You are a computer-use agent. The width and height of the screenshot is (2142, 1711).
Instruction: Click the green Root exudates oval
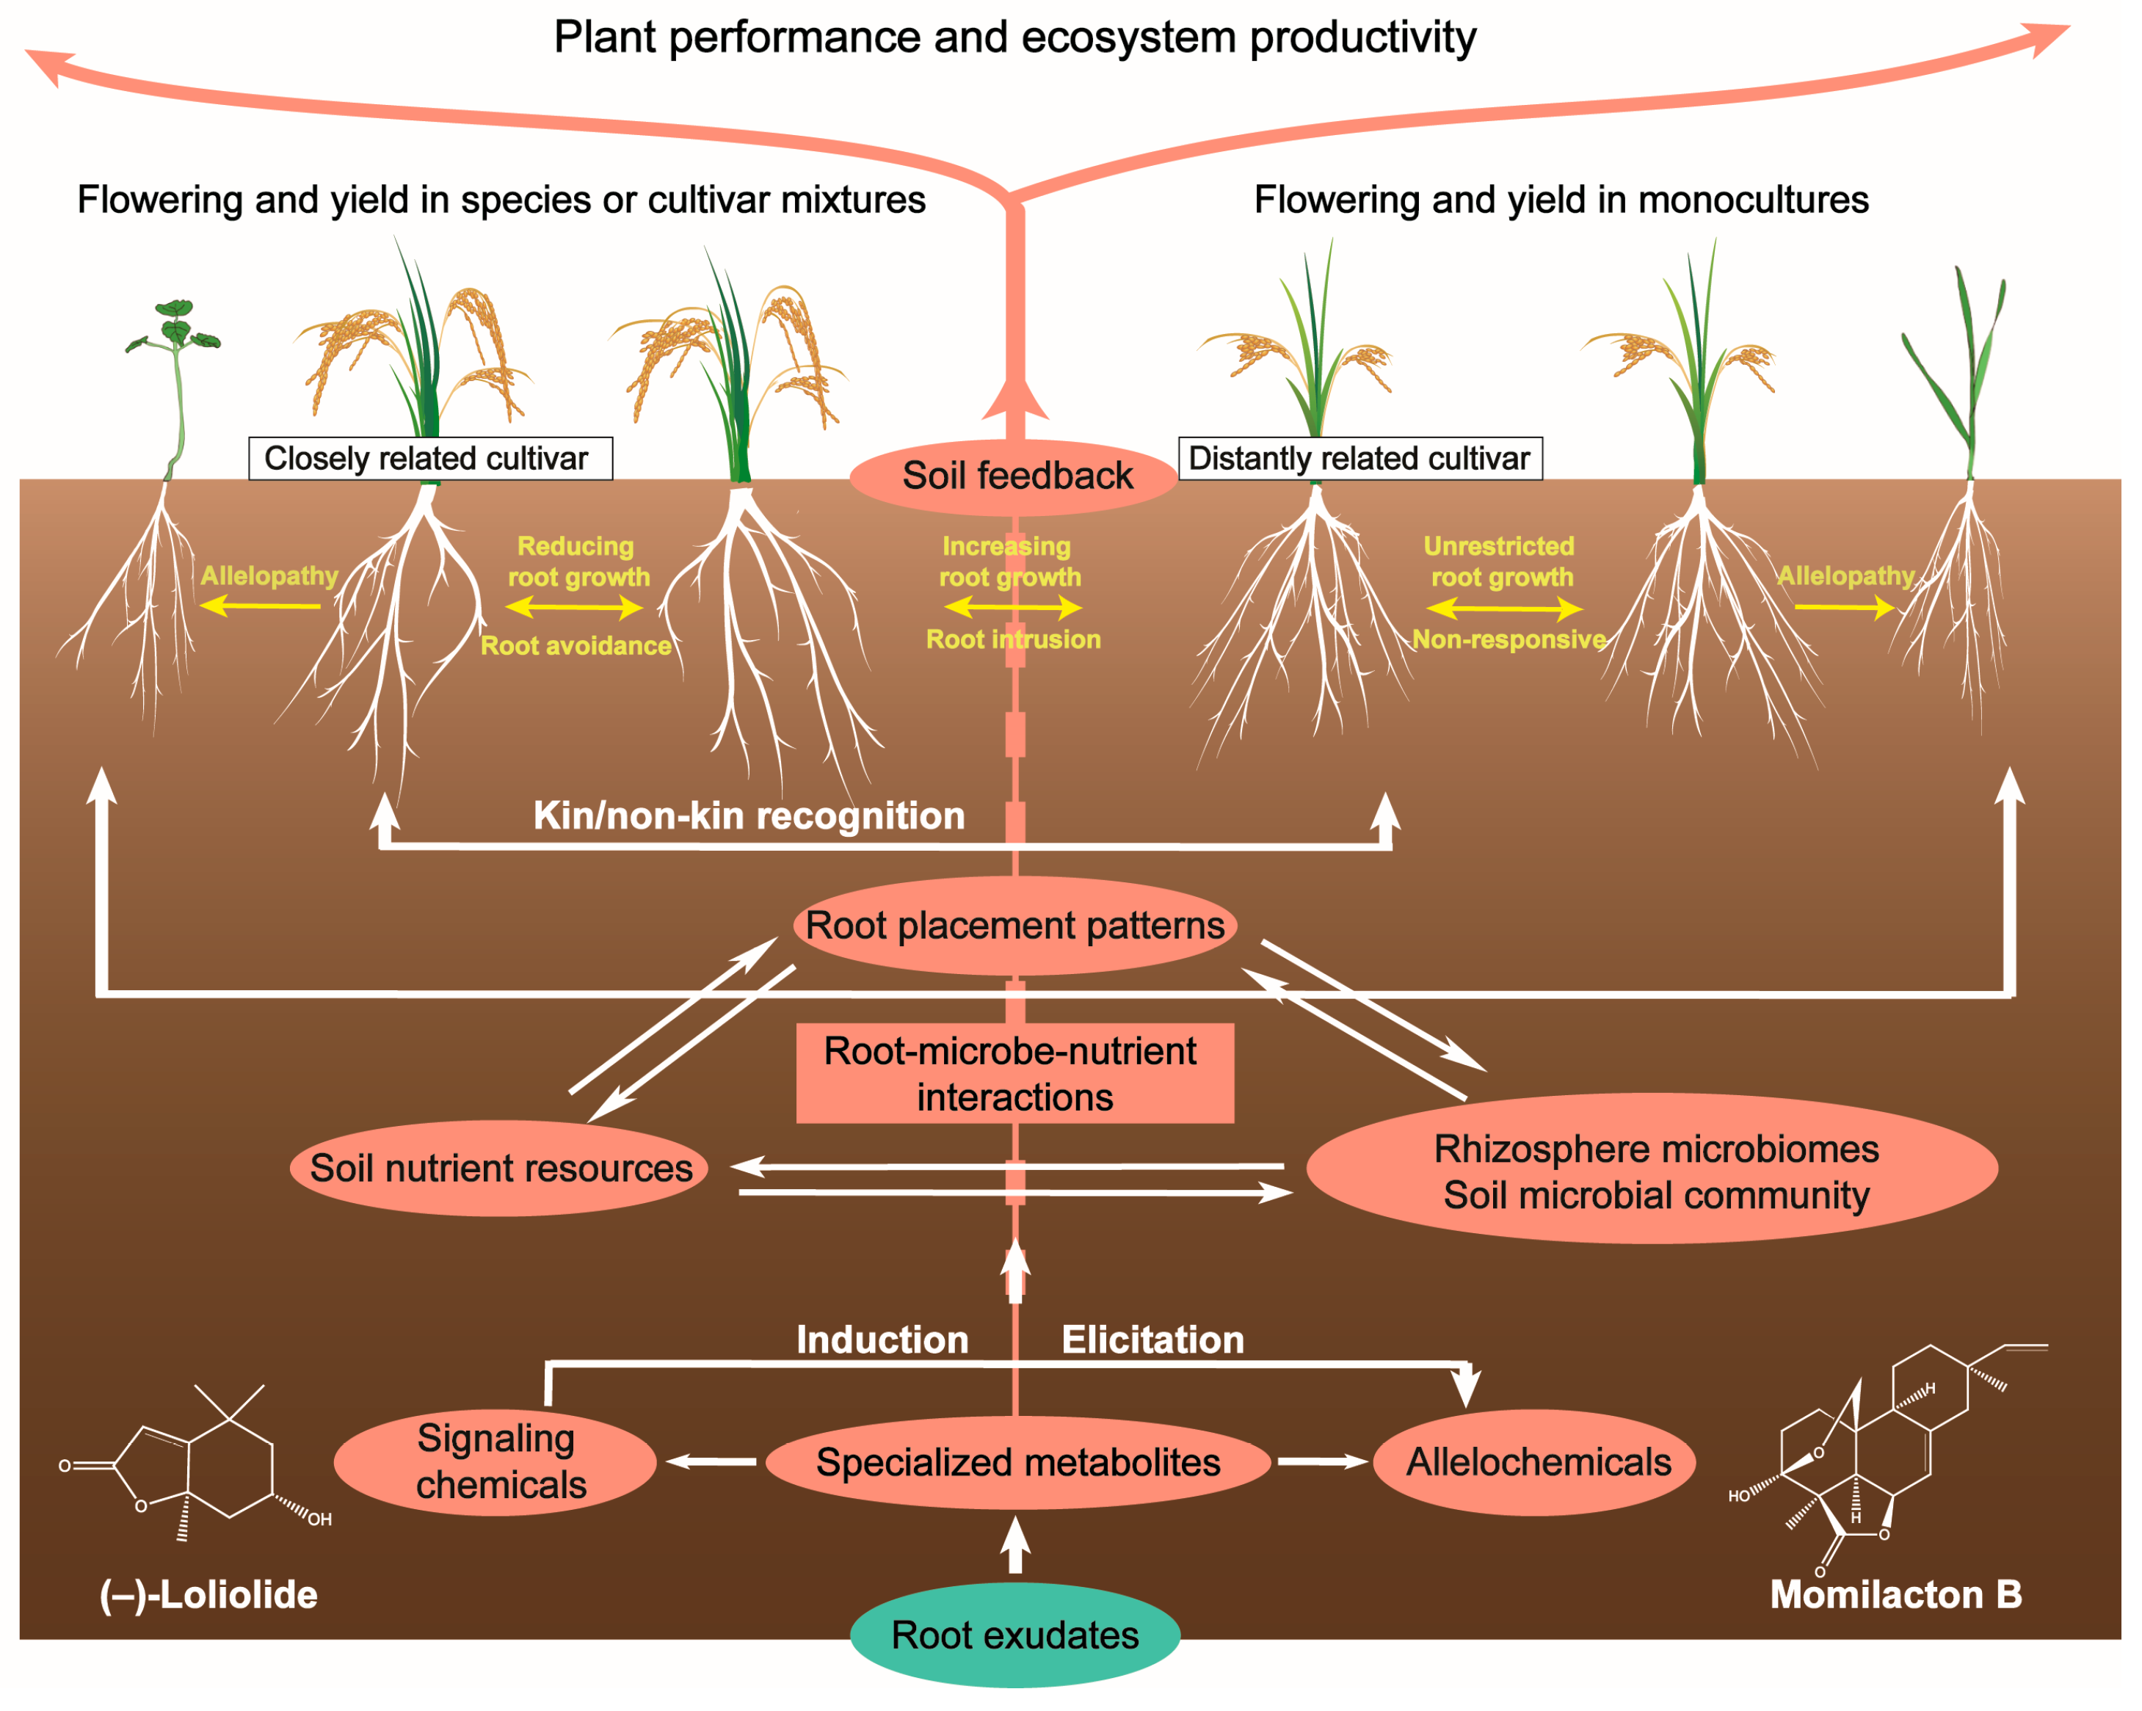click(1014, 1635)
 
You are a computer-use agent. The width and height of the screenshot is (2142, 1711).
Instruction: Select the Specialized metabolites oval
click(1017, 1461)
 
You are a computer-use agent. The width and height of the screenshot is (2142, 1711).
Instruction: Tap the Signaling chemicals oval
click(495, 1461)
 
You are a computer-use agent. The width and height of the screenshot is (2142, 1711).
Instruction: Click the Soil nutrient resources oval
click(500, 1168)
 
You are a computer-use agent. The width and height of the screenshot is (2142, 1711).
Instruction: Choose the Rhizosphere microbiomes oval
click(1653, 1169)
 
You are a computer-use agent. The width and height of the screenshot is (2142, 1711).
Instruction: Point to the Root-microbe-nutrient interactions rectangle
click(1014, 1073)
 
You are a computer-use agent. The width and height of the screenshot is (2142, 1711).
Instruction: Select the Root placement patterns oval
click(1014, 925)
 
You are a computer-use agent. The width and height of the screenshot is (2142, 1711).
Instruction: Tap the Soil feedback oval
click(1015, 476)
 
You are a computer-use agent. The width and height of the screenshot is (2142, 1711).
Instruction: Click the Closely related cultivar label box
click(429, 458)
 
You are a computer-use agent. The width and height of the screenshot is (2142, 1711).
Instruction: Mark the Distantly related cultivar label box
click(1359, 458)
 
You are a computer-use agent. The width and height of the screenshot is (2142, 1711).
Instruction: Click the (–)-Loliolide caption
click(208, 1595)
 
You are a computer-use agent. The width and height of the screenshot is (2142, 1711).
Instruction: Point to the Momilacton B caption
click(1895, 1595)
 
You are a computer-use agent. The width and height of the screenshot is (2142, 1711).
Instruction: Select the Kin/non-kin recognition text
click(749, 815)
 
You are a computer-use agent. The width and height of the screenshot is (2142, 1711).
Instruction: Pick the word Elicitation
click(1152, 1340)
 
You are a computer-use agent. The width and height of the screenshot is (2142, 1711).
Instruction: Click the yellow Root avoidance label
click(576, 646)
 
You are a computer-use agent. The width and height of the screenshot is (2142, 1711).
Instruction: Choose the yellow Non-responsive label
click(1509, 639)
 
